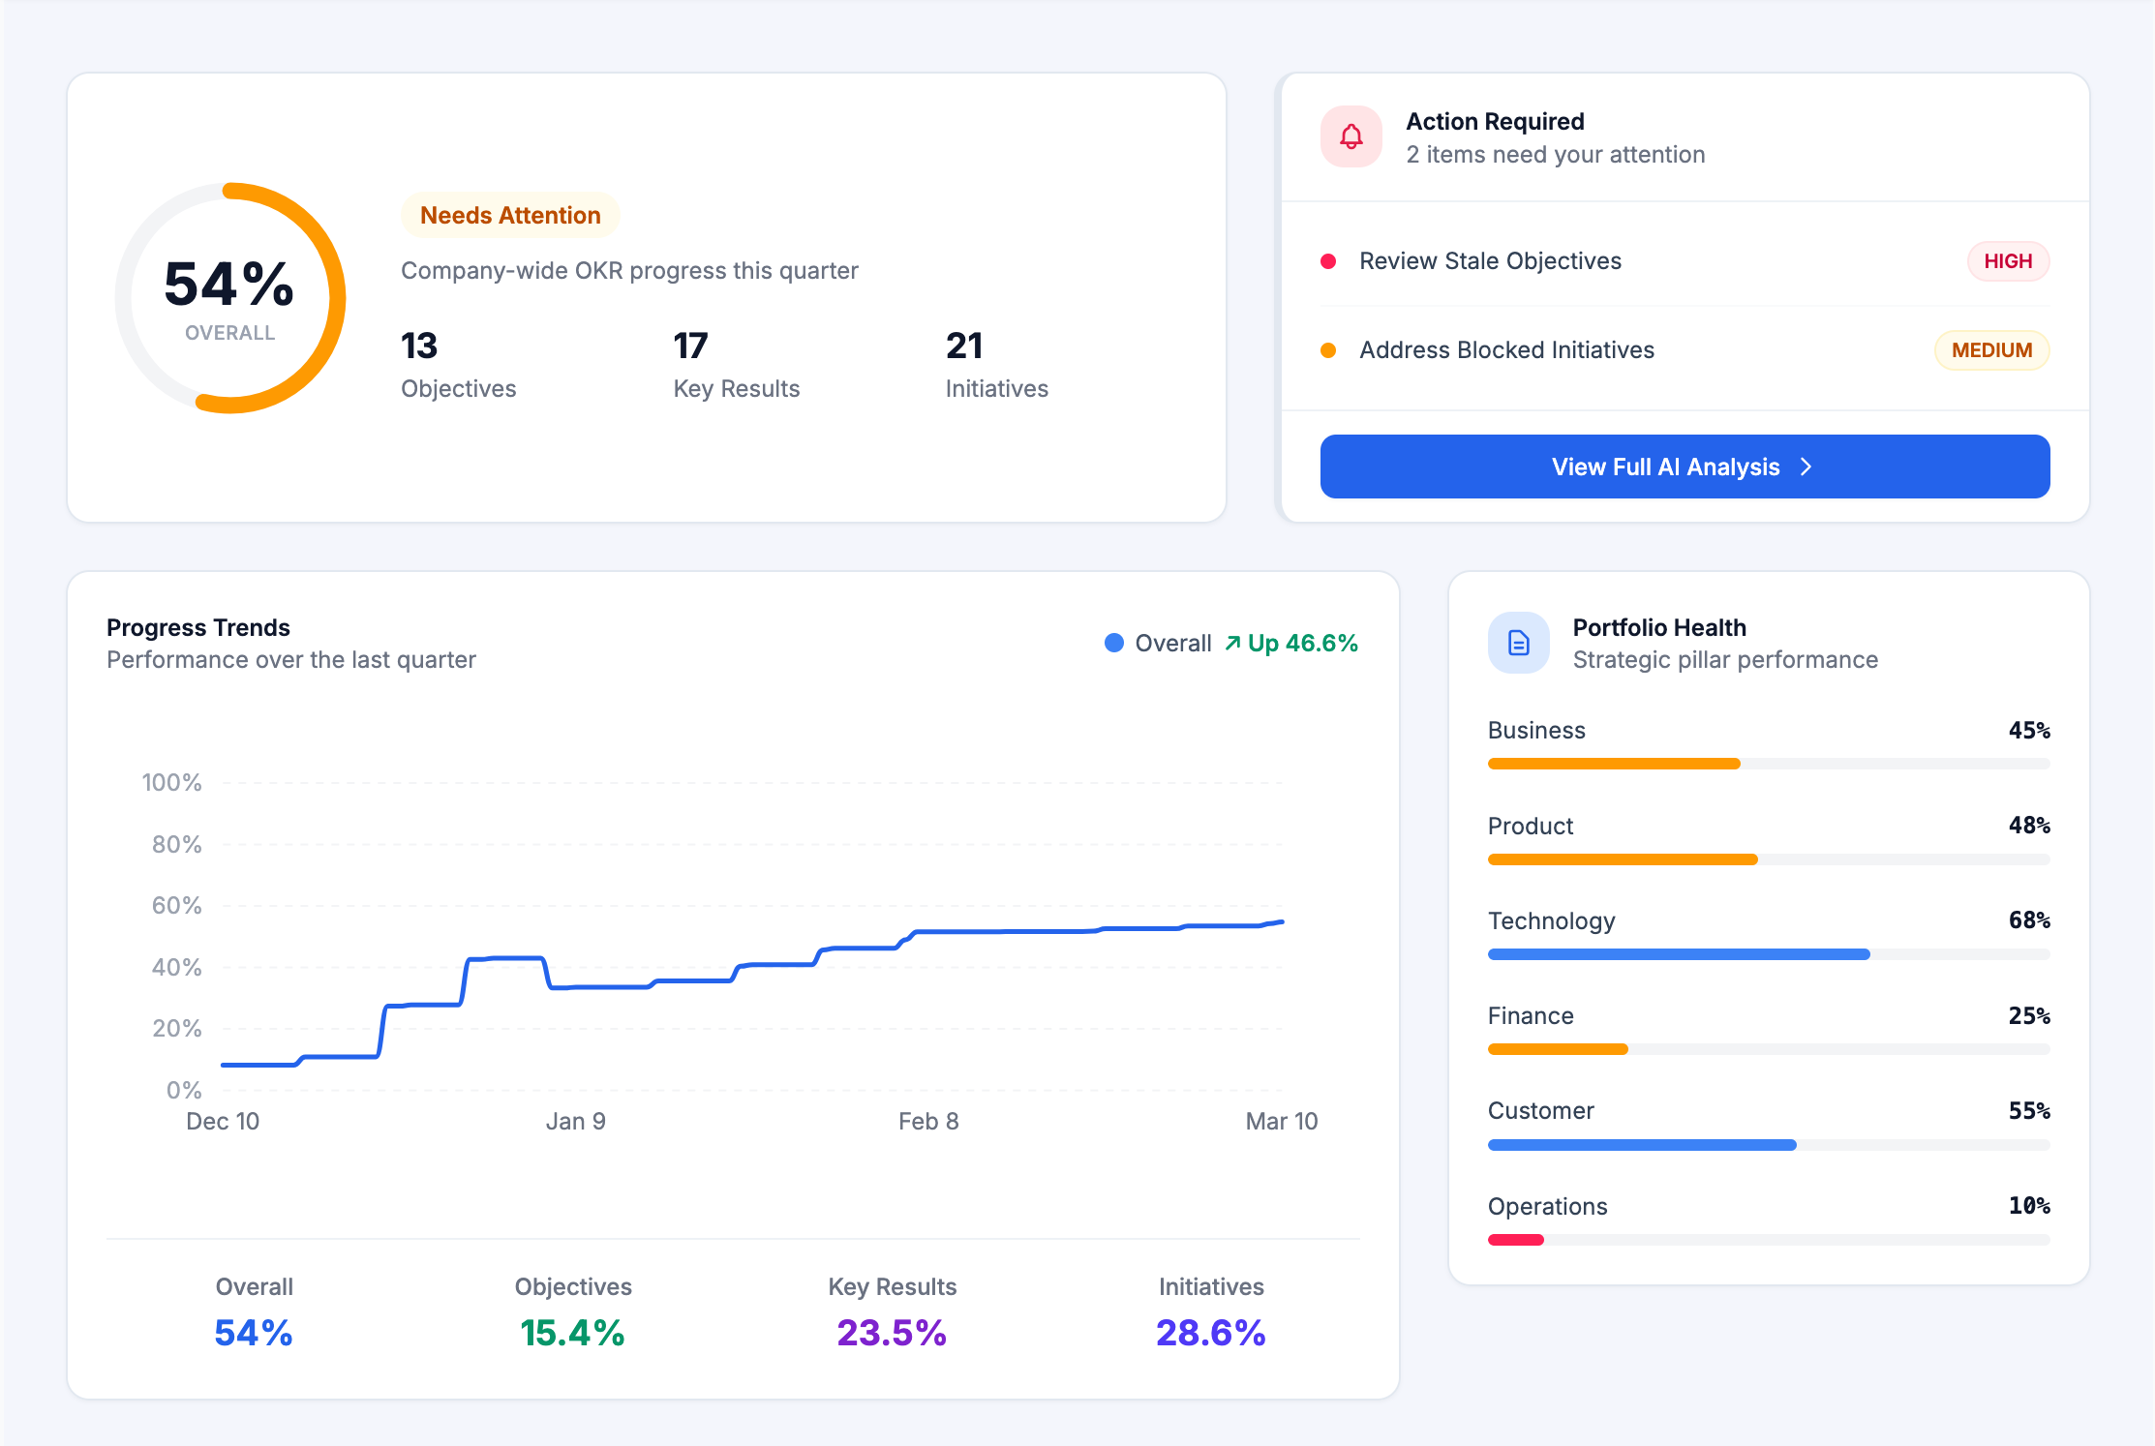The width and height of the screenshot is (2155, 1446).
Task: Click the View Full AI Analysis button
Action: point(1684,467)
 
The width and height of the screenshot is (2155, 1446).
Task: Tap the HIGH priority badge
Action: point(2007,261)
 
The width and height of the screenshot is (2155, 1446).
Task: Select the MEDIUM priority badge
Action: point(1990,350)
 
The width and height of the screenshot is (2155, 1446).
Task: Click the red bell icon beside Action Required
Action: point(1351,136)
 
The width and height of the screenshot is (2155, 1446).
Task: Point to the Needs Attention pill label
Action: point(510,215)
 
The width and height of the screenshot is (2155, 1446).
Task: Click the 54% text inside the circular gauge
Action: point(229,285)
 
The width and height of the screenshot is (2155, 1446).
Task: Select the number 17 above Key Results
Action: point(690,346)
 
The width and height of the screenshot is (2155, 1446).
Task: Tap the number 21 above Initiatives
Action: point(963,346)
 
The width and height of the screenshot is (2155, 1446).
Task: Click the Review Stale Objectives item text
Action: point(1489,261)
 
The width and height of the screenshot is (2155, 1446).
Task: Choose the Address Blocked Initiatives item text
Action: point(1505,350)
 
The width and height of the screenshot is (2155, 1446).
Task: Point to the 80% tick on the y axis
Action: point(176,844)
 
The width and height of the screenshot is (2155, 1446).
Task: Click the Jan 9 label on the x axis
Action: point(575,1121)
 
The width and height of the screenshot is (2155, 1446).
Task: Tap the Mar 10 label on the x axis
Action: point(1281,1121)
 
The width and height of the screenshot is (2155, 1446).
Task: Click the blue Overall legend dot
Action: point(1113,643)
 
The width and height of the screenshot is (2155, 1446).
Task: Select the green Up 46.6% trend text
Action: point(1301,643)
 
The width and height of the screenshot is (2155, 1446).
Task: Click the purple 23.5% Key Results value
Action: point(891,1333)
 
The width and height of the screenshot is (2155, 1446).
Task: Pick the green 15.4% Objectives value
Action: point(572,1333)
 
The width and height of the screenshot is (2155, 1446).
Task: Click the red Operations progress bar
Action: point(1515,1240)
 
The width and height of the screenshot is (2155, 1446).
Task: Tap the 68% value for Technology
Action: point(2028,920)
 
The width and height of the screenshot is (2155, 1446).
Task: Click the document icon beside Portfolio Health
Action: point(1518,643)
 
